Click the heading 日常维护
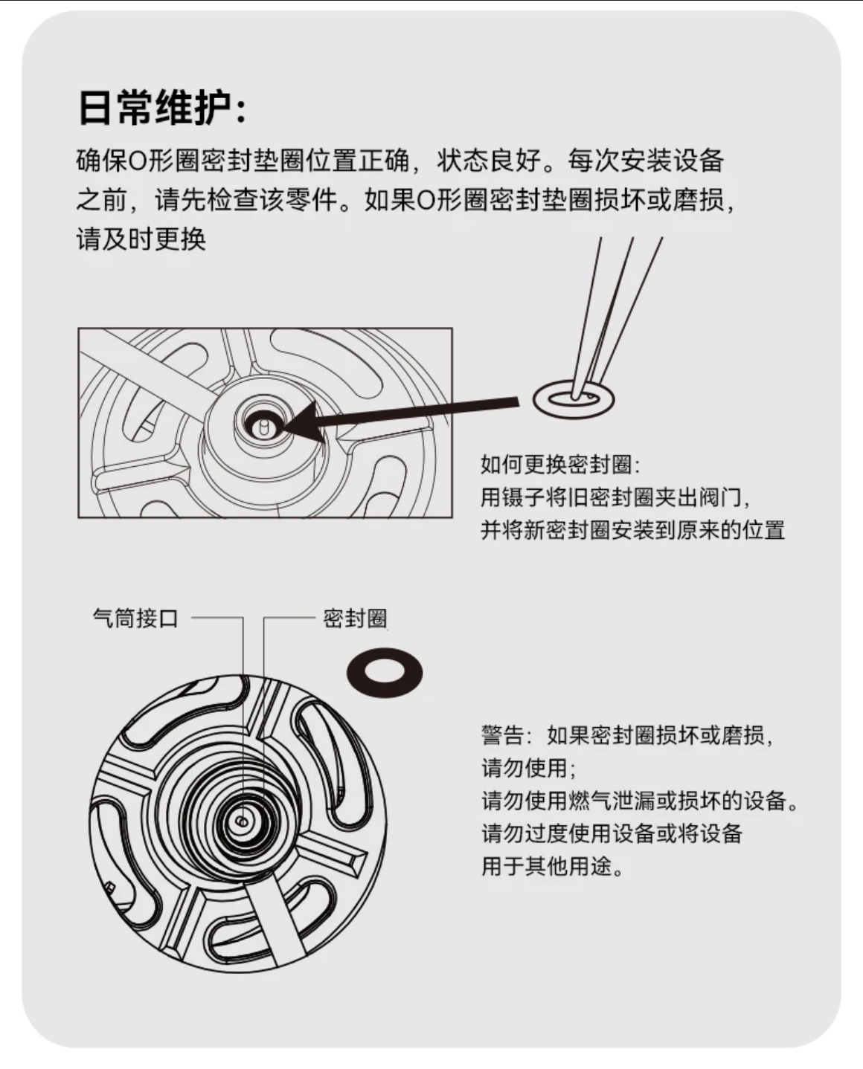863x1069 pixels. tap(156, 107)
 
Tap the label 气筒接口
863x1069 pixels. tap(135, 619)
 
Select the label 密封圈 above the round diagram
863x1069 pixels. tap(355, 619)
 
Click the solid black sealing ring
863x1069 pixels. tap(385, 673)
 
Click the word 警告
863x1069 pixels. tap(502, 735)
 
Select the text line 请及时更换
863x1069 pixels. tap(141, 239)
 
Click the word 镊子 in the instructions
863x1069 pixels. tap(523, 497)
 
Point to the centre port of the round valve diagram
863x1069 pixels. tap(243, 821)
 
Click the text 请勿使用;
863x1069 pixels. tap(528, 768)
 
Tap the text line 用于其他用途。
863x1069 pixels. tap(552, 867)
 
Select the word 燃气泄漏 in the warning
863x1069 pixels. tap(611, 801)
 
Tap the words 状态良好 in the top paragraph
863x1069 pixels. tap(489, 160)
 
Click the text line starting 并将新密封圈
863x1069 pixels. tap(633, 530)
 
